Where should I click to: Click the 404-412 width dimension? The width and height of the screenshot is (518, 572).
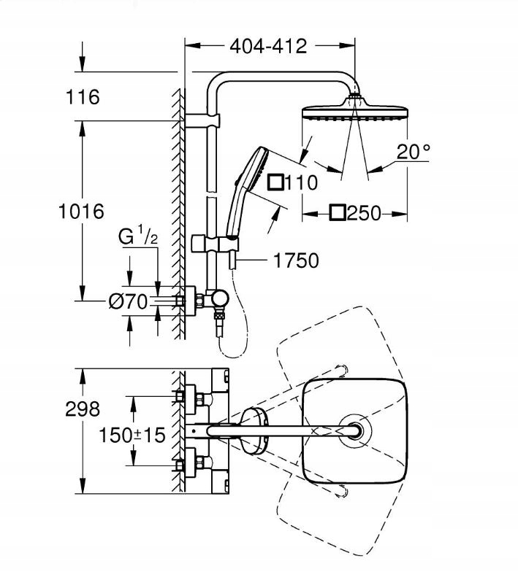268,46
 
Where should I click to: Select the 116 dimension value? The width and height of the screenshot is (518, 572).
83,96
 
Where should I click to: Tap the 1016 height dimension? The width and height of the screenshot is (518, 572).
82,212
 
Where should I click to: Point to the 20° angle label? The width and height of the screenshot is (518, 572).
414,151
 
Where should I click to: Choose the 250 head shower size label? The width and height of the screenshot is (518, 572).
356,213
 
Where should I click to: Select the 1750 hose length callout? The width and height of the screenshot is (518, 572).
296,260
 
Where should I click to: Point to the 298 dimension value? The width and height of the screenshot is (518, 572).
82,409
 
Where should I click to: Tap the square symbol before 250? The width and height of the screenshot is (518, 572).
337,213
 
